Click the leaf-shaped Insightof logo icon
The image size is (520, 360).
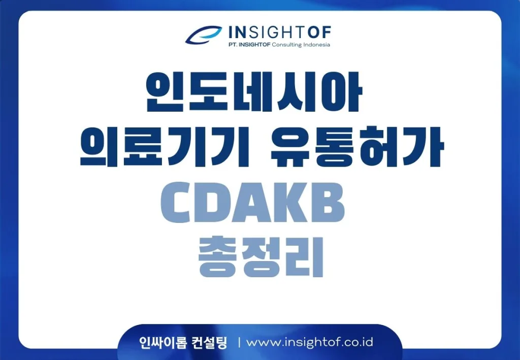(x=203, y=35)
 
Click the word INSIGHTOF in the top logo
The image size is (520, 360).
(x=280, y=32)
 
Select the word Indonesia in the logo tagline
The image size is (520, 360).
(x=317, y=45)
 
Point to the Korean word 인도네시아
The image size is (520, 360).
(x=254, y=91)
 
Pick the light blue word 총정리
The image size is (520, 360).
(x=261, y=256)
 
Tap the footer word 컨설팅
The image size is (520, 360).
(x=210, y=342)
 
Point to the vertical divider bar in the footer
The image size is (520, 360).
(x=239, y=342)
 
